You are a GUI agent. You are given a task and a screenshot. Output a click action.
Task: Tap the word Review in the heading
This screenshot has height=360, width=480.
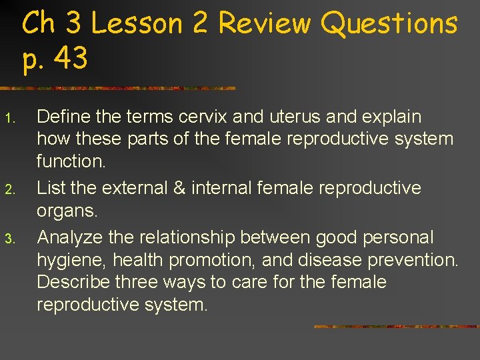click(264, 24)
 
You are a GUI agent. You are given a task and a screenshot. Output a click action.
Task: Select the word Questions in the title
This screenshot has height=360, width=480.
click(389, 24)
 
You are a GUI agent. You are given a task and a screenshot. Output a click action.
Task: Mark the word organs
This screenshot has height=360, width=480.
click(67, 212)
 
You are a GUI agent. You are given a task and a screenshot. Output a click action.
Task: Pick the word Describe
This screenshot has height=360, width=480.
click(73, 282)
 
